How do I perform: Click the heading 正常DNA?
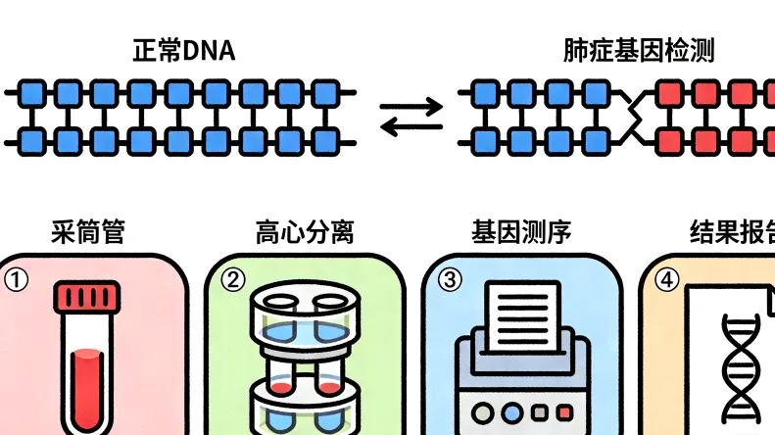183,51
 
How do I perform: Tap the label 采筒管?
88,232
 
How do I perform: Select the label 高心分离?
304,232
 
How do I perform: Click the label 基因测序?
520,232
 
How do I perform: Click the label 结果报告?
731,232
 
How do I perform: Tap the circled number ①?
17,280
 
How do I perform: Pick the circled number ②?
232,280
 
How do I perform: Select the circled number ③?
449,280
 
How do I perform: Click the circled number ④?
665,280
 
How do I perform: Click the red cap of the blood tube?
88,297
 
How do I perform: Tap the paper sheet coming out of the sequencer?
521,312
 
